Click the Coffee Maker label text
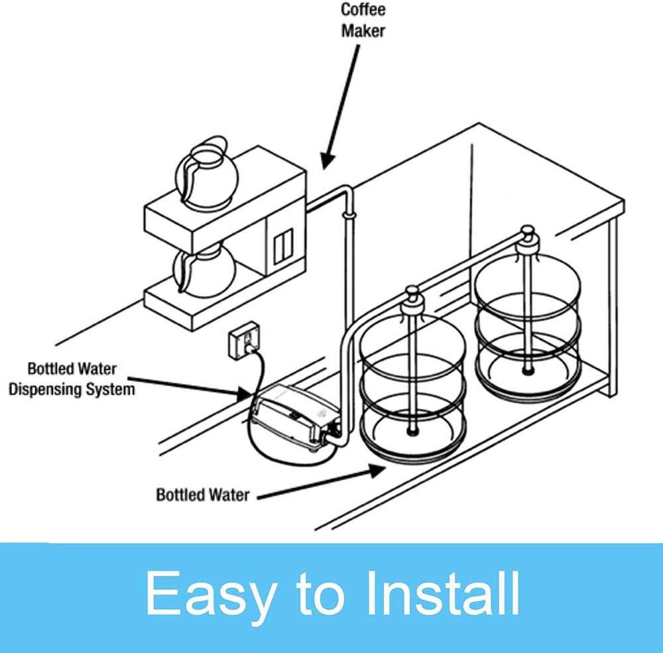point(363,21)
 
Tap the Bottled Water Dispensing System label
point(71,379)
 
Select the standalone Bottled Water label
point(202,495)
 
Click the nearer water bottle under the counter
point(412,391)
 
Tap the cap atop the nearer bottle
point(412,293)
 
